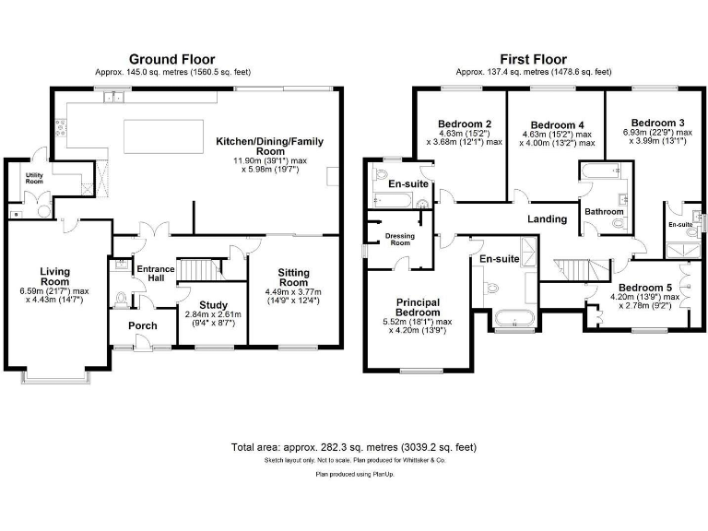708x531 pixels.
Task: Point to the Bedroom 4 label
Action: tap(558, 125)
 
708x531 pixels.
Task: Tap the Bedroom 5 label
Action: tap(644, 287)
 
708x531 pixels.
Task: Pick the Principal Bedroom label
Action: tap(418, 308)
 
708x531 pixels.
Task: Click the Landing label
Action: tap(547, 219)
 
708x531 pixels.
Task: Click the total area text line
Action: tap(354, 447)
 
